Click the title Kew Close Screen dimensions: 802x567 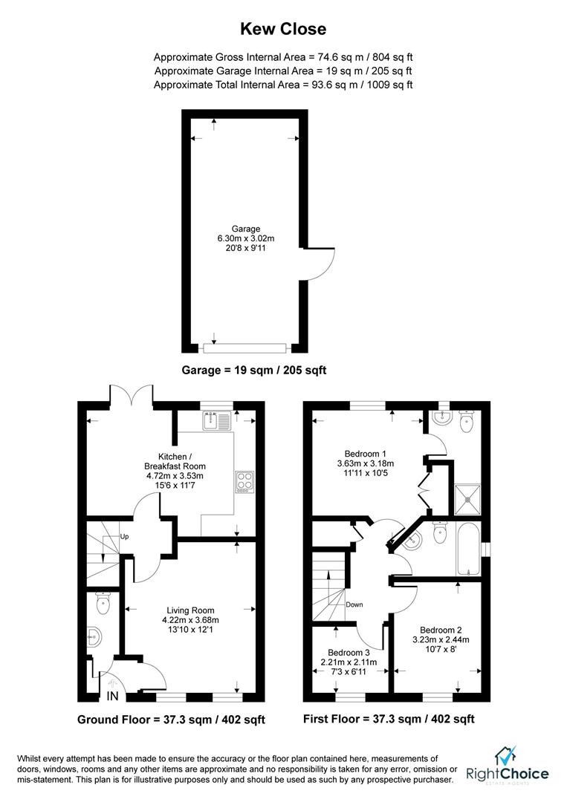pos(282,29)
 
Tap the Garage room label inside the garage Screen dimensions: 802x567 pos(245,229)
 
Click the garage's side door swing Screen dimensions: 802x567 pos(314,265)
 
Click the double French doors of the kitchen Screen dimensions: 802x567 pos(132,396)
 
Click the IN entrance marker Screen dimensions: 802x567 pos(112,696)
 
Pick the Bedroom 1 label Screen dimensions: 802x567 pos(366,454)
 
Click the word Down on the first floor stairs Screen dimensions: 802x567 pos(354,604)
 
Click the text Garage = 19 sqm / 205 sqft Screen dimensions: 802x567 pos(254,369)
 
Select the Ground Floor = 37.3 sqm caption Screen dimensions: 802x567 pos(171,720)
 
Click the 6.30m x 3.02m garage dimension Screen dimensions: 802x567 pos(245,238)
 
